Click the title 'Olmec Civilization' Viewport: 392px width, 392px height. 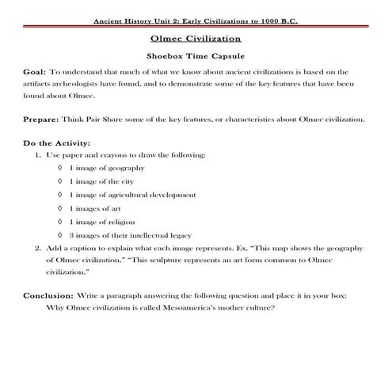tap(196, 38)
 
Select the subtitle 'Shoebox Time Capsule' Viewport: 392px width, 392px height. tap(196, 57)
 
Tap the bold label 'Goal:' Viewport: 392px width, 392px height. tap(35, 72)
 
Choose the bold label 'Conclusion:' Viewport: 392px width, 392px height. tap(48, 295)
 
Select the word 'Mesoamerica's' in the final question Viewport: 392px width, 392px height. tap(184, 307)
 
